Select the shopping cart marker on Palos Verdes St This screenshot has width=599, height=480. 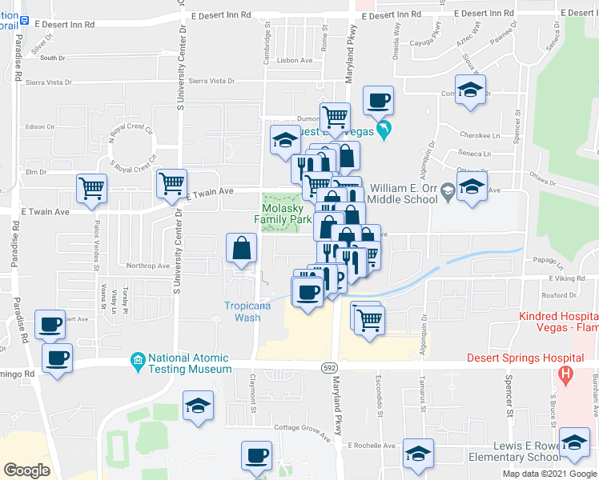(92, 189)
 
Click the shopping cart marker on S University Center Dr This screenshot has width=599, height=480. (171, 183)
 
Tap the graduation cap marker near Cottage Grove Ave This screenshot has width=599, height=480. (198, 405)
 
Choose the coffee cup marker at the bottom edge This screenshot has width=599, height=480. (257, 456)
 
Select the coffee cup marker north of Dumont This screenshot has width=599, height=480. (377, 100)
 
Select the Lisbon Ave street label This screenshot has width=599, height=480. (295, 60)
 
